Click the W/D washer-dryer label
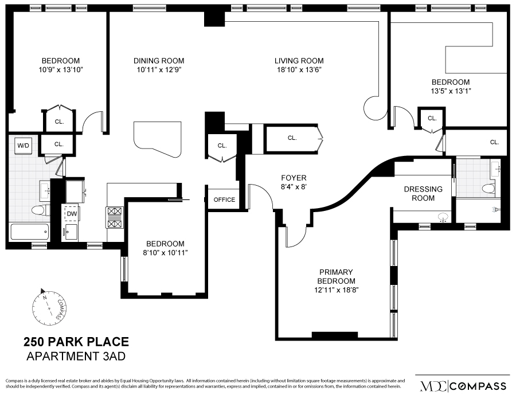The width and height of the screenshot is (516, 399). (x=23, y=146)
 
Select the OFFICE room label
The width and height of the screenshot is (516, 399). (x=224, y=199)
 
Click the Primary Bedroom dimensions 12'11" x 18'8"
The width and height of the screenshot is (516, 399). (x=336, y=290)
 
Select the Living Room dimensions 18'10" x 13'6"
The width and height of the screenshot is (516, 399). (x=299, y=71)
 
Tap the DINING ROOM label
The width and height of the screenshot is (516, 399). (x=159, y=61)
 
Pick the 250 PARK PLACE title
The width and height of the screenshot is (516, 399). (x=76, y=342)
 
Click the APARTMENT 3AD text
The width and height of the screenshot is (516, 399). (x=76, y=357)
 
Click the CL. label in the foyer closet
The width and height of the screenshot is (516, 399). (x=292, y=138)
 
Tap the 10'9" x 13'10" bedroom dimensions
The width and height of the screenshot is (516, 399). (x=60, y=71)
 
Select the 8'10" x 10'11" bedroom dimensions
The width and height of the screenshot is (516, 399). (x=165, y=252)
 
